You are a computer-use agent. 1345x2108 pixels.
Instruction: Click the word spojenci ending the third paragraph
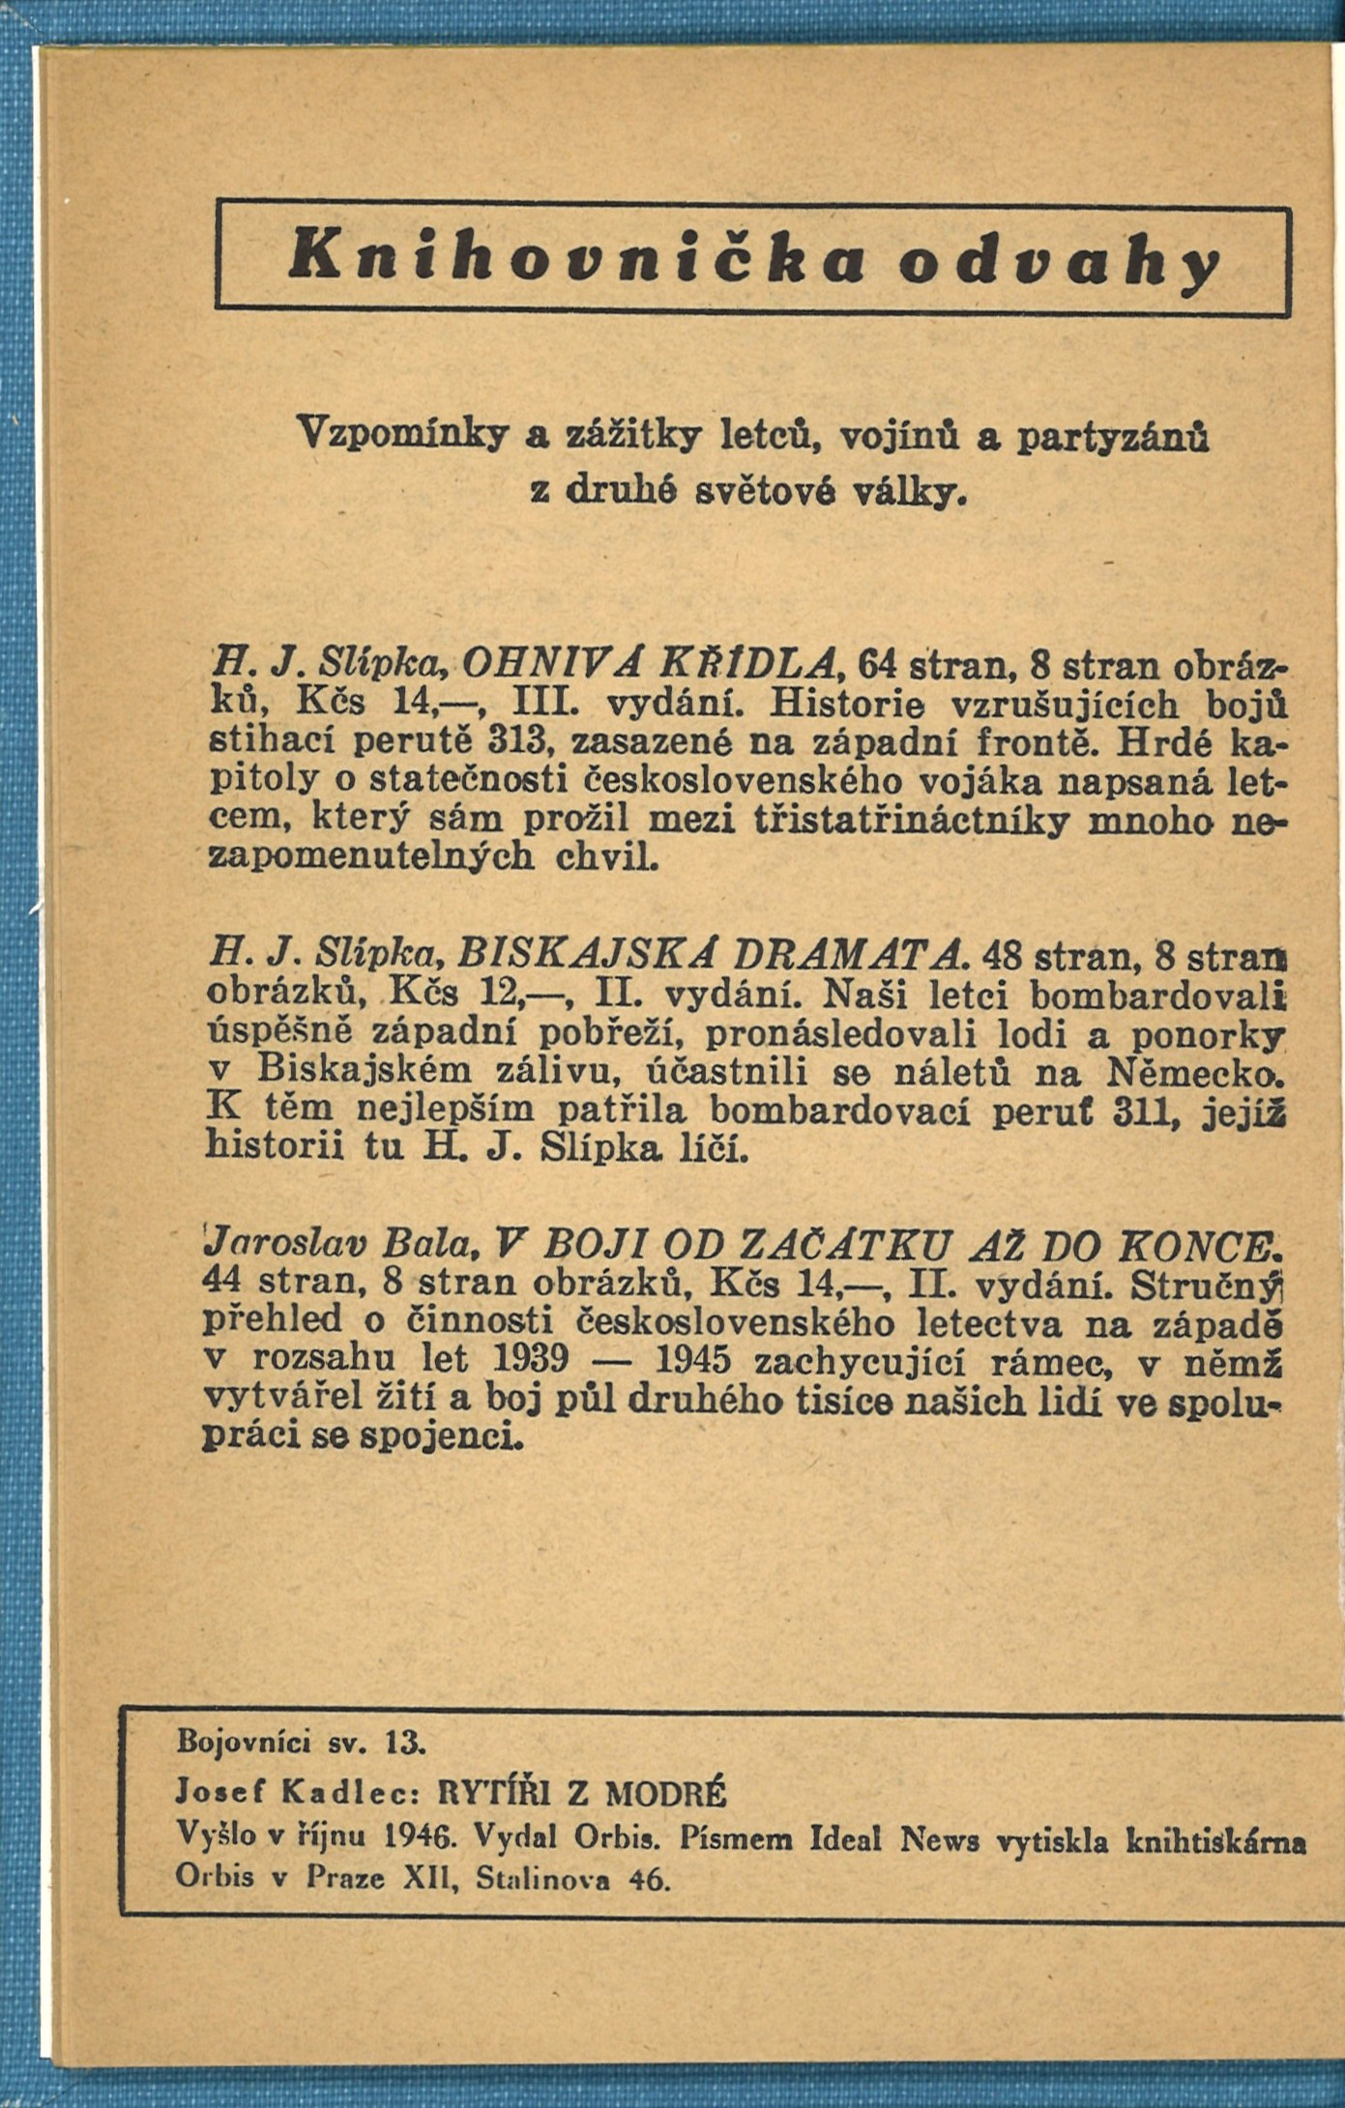pos(441,1437)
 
